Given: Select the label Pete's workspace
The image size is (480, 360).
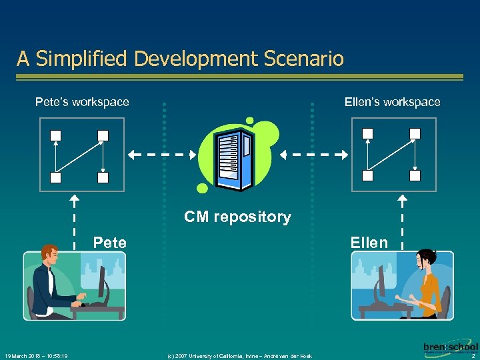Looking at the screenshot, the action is [x=82, y=102].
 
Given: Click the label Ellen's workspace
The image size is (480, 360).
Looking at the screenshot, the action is [x=392, y=102].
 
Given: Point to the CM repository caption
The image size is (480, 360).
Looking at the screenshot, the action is [x=237, y=217].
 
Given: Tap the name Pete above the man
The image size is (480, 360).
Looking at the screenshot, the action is [x=110, y=243].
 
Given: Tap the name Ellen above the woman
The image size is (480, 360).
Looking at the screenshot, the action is [x=369, y=243].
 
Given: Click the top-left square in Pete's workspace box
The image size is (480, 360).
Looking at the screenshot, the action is [x=56, y=135].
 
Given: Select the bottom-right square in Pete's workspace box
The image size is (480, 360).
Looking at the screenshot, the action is [x=103, y=177].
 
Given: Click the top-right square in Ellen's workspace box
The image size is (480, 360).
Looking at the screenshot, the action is [x=415, y=133].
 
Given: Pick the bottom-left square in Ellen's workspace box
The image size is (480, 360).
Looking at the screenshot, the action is [x=368, y=175].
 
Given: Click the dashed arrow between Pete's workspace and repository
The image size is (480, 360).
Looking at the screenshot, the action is [x=162, y=155].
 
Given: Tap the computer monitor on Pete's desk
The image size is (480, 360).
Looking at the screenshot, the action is [x=103, y=282].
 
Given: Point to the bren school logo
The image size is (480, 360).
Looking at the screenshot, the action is [x=450, y=347].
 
